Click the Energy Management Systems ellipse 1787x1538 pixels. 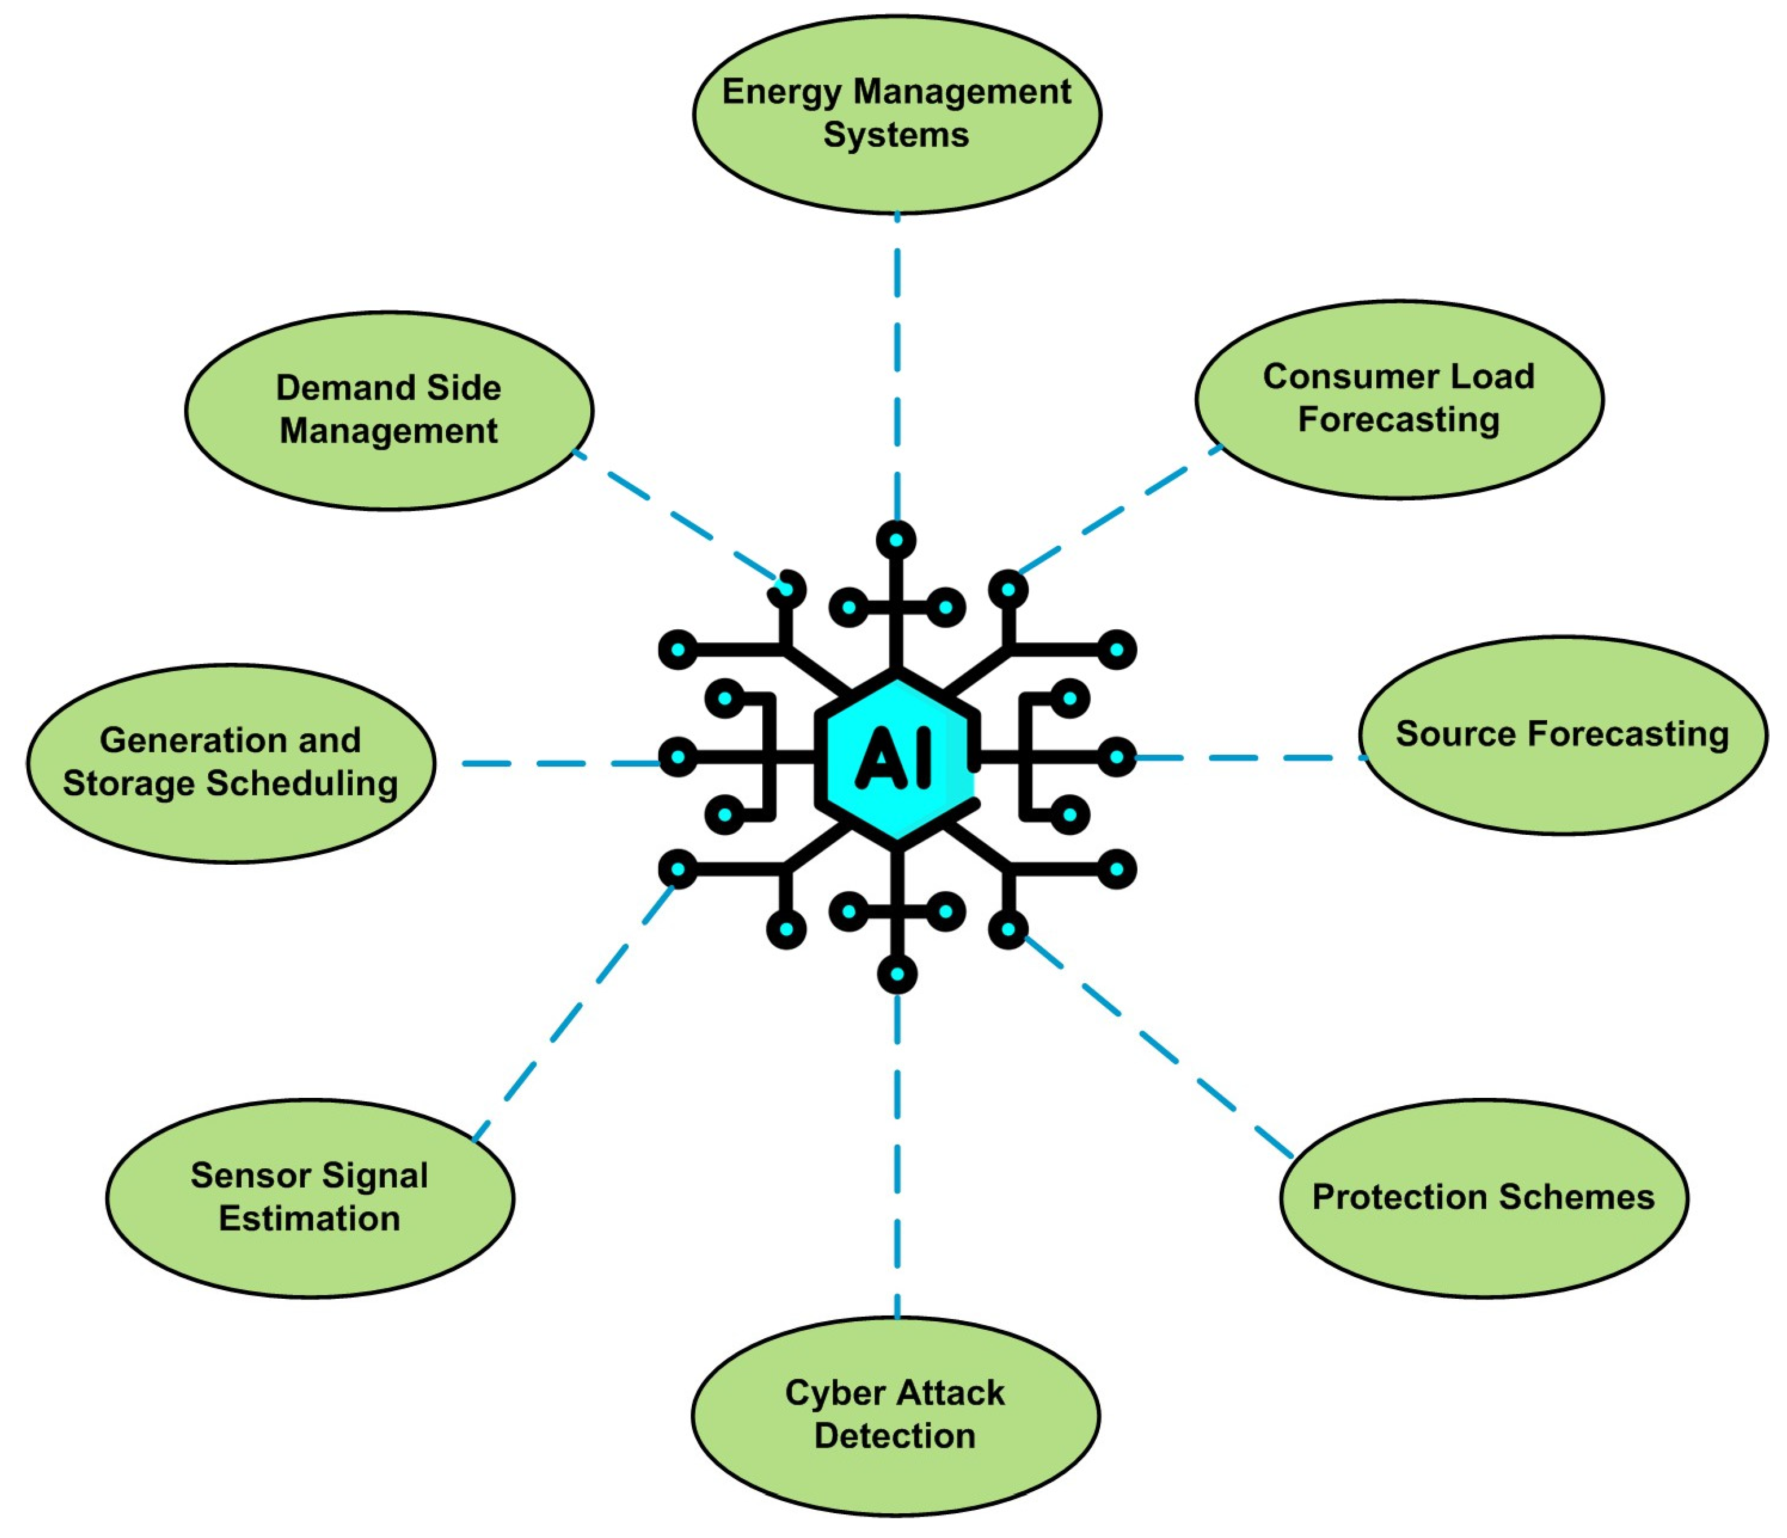point(897,114)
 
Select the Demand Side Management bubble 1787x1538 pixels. point(389,410)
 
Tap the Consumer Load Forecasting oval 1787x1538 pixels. point(1399,400)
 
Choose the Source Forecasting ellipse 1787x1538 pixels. point(1562,735)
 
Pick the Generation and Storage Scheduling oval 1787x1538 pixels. point(230,763)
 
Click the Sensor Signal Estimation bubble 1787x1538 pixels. point(310,1197)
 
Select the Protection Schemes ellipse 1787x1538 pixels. point(1483,1197)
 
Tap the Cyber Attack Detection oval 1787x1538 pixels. point(895,1414)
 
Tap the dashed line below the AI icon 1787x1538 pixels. point(897,1156)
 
